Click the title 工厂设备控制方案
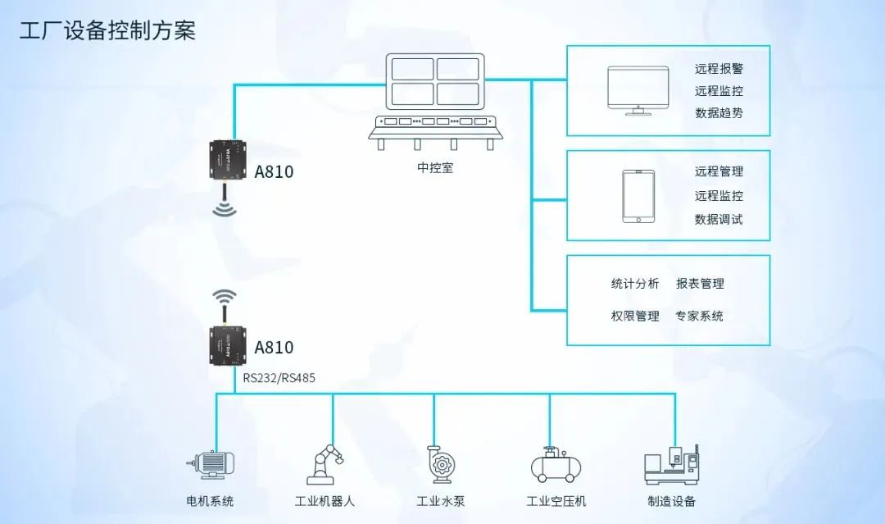pos(107,31)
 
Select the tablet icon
pos(638,196)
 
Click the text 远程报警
pos(719,70)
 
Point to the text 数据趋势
pos(719,113)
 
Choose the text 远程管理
pos(719,171)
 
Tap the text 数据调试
pos(719,219)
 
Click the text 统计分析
pos(634,284)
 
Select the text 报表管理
pos(700,284)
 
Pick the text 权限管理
pos(634,316)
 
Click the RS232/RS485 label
pos(279,378)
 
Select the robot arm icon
pos(324,464)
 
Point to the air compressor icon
pos(556,465)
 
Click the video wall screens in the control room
pos(435,80)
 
